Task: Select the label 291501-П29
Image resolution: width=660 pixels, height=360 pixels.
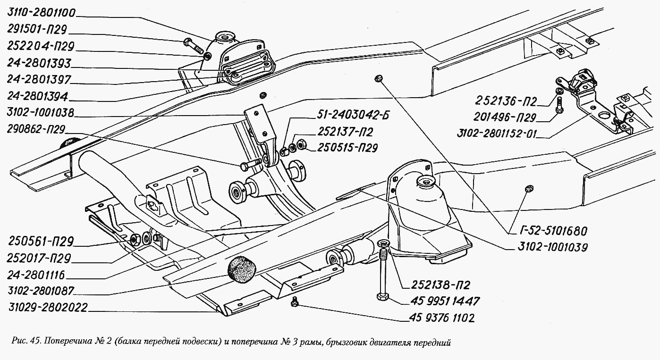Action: pos(37,29)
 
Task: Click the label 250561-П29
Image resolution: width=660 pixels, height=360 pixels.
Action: pos(40,242)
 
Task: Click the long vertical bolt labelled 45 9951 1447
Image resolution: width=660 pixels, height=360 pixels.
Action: pos(382,274)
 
